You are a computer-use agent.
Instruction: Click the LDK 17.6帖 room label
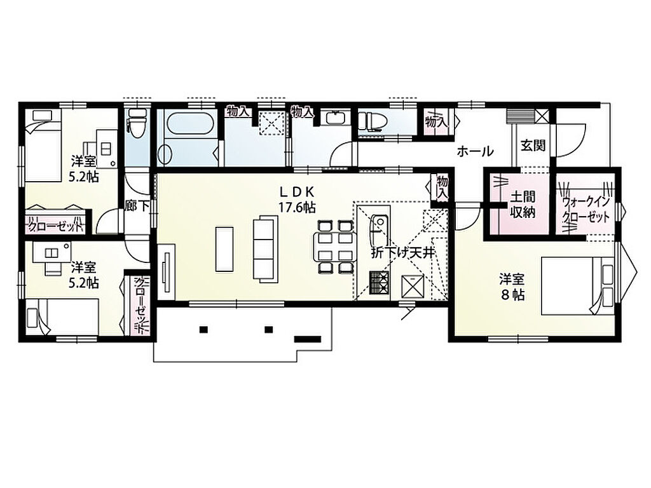[x=297, y=199]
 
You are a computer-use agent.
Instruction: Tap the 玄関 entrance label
[x=533, y=146]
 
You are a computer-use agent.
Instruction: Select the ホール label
[x=475, y=151]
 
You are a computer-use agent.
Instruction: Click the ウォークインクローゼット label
[x=586, y=210]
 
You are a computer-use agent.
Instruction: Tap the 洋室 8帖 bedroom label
[x=512, y=287]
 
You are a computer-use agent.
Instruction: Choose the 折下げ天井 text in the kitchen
[x=402, y=254]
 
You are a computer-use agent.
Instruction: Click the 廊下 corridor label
[x=137, y=206]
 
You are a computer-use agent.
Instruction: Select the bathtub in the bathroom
[x=191, y=123]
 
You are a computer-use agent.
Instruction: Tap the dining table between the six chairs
[x=334, y=247]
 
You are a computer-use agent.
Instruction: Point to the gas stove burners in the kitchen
[x=378, y=283]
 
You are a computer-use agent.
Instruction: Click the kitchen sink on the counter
[x=378, y=231]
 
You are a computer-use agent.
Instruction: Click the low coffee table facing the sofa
[x=224, y=249]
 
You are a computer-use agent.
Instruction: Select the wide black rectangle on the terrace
[x=308, y=339]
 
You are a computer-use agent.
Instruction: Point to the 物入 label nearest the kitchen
[x=442, y=187]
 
